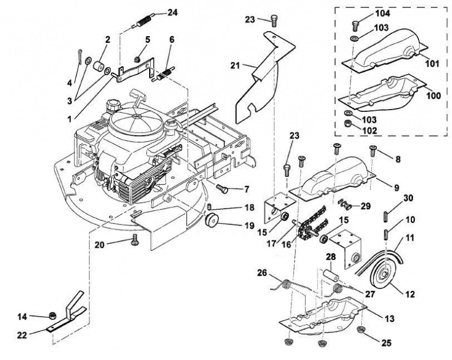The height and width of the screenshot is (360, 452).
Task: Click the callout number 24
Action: [173, 12]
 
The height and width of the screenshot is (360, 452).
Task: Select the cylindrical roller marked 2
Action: [99, 66]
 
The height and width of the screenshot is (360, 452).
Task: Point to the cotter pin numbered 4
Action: [80, 57]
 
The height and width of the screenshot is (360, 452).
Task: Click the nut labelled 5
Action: [137, 60]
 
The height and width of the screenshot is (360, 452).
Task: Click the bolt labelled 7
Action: [222, 189]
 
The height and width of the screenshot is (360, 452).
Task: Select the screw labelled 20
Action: [135, 240]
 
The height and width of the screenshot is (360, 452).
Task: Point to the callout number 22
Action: [22, 335]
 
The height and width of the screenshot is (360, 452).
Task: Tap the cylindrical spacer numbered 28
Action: [330, 276]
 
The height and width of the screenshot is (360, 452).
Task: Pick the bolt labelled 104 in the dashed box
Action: [356, 25]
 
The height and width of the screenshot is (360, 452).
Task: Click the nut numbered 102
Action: [347, 123]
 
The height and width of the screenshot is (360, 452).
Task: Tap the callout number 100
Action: [433, 96]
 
